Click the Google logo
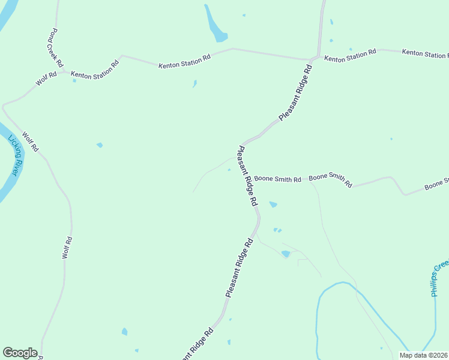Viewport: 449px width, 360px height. pyautogui.click(x=20, y=353)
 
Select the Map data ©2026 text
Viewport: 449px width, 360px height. pyautogui.click(x=423, y=355)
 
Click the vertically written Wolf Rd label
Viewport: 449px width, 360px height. pyautogui.click(x=68, y=248)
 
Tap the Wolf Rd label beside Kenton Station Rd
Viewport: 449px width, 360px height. pyautogui.click(x=46, y=79)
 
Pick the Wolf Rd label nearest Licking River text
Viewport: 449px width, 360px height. pyautogui.click(x=30, y=141)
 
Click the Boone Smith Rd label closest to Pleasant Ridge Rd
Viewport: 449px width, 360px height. pyautogui.click(x=277, y=179)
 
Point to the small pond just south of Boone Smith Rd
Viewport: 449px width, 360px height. pyautogui.click(x=273, y=205)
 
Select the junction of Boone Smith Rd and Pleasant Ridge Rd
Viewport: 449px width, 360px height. pyautogui.click(x=249, y=178)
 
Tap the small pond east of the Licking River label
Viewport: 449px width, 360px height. pyautogui.click(x=100, y=145)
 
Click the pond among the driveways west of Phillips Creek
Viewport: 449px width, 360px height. pyautogui.click(x=286, y=254)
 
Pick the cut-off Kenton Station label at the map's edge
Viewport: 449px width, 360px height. pyautogui.click(x=425, y=54)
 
